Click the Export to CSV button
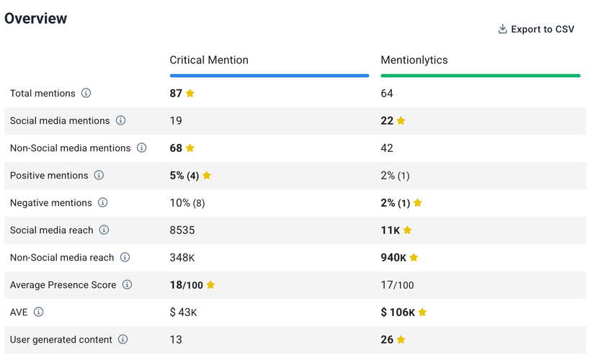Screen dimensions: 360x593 [536, 30]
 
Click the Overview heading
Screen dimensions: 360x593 [36, 19]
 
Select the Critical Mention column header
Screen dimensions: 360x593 [209, 60]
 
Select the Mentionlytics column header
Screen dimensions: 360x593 [414, 60]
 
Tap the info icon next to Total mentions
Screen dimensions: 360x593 [86, 94]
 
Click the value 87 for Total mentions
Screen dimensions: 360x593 [176, 94]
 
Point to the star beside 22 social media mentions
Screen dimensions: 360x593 [401, 121]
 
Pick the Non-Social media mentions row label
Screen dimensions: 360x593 [71, 148]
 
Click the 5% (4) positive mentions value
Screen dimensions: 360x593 [184, 176]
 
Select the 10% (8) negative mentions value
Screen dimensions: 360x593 [187, 203]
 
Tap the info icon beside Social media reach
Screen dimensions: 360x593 [104, 230]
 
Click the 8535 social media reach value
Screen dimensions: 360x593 [182, 230]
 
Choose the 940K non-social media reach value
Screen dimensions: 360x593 [393, 258]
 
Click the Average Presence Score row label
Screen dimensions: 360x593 [63, 285]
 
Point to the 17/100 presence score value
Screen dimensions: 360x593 [397, 285]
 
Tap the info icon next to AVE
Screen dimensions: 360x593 [39, 312]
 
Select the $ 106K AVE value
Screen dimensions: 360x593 [398, 312]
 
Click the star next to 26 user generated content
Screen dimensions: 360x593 [401, 340]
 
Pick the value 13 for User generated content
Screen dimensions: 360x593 [176, 340]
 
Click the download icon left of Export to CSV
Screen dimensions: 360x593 [503, 30]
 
